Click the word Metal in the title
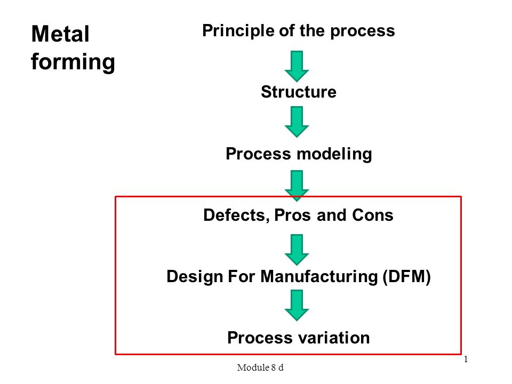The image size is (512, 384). [x=60, y=34]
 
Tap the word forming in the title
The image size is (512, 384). [x=73, y=62]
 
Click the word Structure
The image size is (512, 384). [x=299, y=92]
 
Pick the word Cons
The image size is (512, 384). [x=373, y=215]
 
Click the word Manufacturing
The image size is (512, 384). [x=319, y=276]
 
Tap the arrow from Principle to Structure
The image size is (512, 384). [x=297, y=66]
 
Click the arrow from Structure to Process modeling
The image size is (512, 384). [x=297, y=122]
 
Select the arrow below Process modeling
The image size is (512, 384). [x=297, y=186]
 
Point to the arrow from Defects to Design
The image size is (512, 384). [x=297, y=250]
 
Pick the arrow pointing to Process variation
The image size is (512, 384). [x=297, y=305]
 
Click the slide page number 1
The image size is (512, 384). [x=466, y=359]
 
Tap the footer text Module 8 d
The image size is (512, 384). [x=260, y=367]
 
